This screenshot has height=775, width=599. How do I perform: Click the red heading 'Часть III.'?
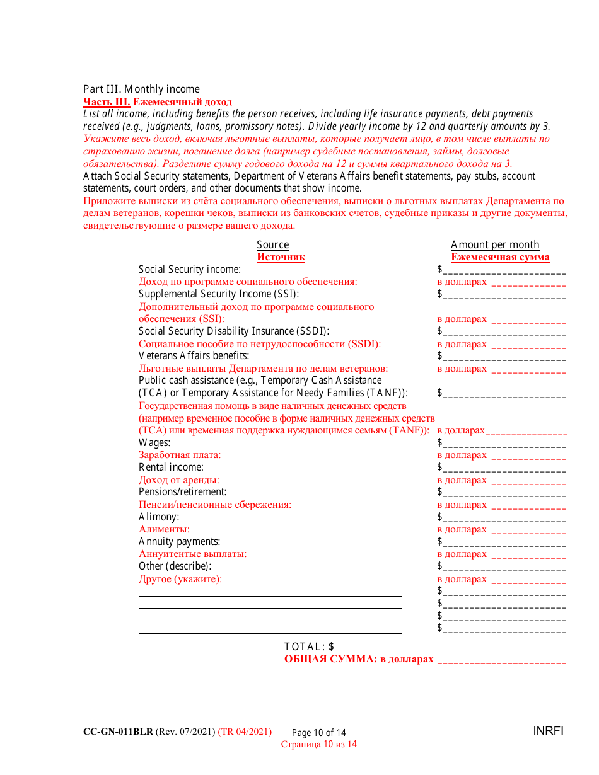[107, 101]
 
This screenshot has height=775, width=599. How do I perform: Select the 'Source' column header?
[272, 244]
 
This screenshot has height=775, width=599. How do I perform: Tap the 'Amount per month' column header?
[495, 244]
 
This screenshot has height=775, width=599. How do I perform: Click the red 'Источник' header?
[281, 257]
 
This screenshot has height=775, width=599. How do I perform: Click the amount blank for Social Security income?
[504, 271]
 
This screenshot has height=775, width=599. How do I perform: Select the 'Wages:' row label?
[154, 442]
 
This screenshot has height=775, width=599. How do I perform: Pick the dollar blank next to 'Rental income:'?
[504, 469]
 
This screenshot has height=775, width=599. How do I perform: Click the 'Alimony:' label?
[159, 517]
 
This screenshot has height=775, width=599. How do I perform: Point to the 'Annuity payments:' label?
[179, 541]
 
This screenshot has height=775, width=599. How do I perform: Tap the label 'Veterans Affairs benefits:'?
[194, 356]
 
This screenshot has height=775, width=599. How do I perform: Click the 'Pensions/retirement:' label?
[182, 491]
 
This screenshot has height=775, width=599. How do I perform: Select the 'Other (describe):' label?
[175, 566]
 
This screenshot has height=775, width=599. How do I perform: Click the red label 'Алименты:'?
[164, 529]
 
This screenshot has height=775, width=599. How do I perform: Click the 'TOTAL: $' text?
[309, 646]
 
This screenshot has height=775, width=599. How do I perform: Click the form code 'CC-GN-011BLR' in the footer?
[118, 732]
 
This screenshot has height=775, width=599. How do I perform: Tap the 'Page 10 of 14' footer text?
[319, 733]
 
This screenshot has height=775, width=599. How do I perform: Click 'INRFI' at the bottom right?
[548, 731]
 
